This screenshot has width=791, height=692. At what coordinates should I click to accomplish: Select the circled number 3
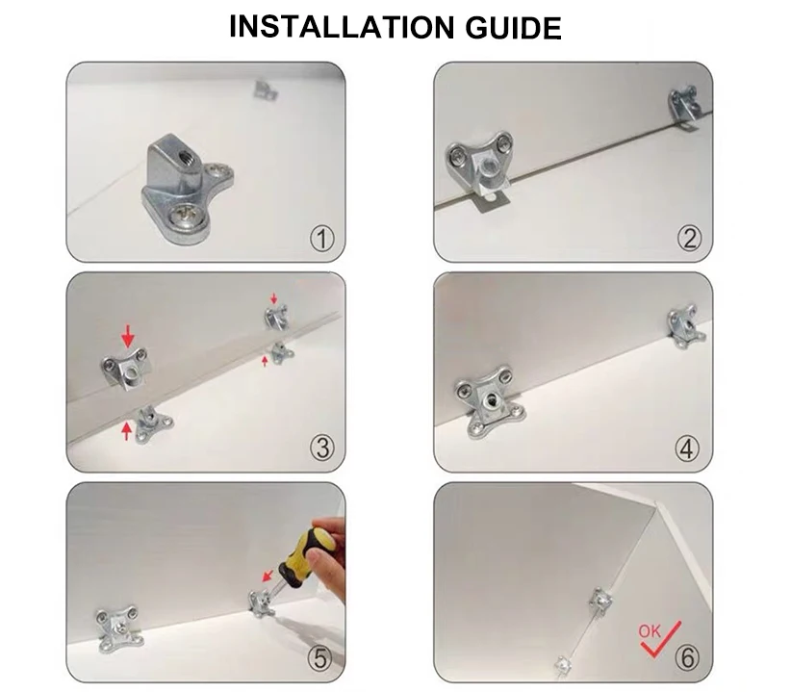tap(321, 448)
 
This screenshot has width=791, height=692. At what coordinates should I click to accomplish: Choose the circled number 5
tap(321, 658)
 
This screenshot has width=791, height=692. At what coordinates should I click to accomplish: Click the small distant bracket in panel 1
tap(265, 90)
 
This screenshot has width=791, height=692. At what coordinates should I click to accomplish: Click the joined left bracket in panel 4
tap(486, 404)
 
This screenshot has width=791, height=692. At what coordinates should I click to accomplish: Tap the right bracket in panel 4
tap(686, 326)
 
